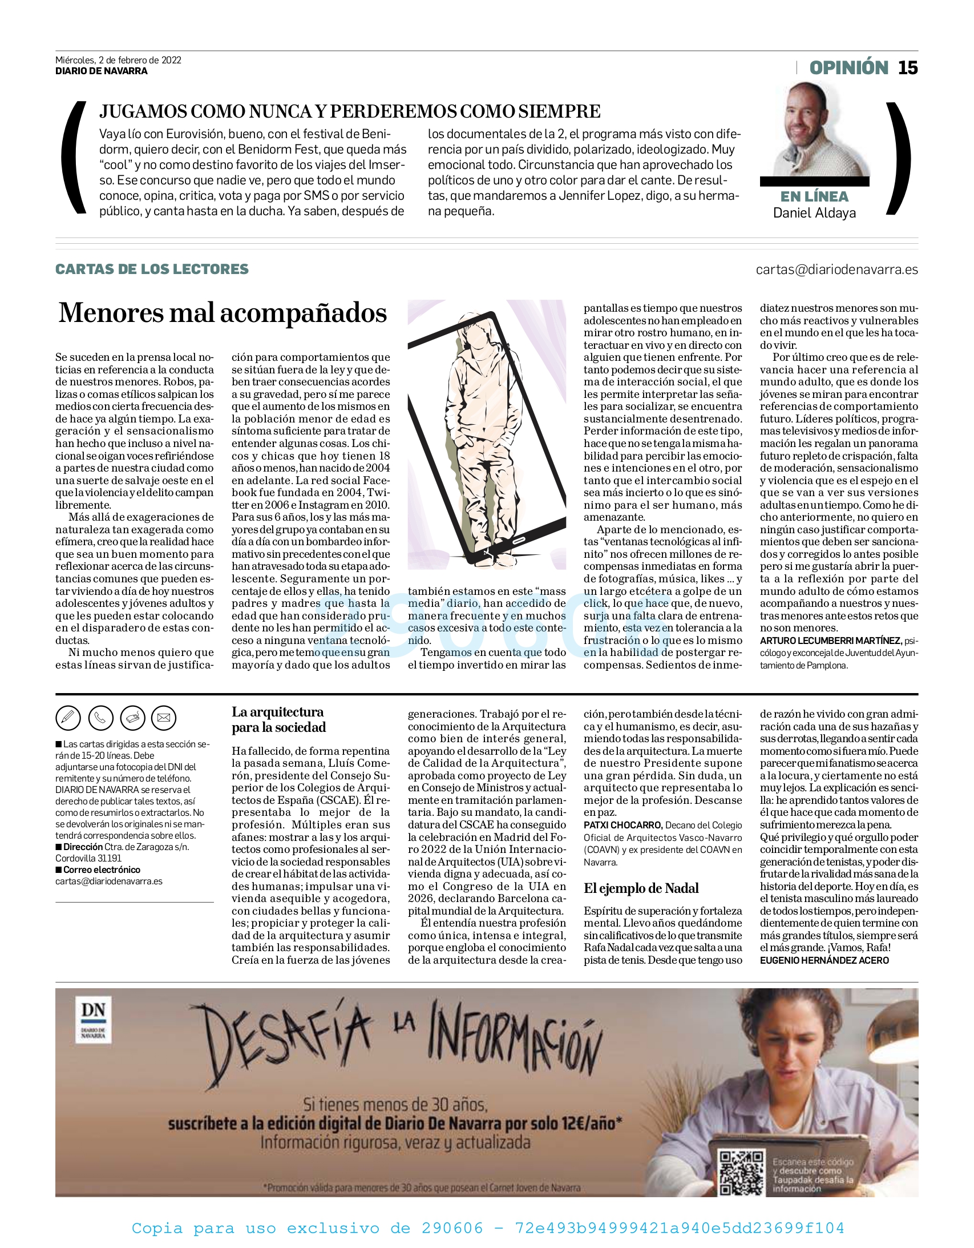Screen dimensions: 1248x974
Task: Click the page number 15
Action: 908,68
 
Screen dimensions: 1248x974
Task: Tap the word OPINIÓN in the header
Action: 848,68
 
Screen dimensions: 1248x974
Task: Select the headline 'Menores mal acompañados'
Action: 223,313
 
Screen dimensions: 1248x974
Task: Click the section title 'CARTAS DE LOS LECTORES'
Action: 152,269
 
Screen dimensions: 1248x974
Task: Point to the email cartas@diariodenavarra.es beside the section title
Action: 836,269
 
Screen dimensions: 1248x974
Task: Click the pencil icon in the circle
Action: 68,718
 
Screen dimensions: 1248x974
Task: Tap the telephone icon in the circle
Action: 100,718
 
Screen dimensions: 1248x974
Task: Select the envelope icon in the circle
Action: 164,718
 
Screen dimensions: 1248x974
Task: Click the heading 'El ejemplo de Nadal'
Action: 641,888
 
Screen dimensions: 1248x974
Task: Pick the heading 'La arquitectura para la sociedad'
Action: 278,719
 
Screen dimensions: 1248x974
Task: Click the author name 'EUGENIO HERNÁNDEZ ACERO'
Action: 824,961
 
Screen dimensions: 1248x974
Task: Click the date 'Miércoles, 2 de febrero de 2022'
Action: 118,60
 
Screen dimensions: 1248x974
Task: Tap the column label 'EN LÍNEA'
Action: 814,196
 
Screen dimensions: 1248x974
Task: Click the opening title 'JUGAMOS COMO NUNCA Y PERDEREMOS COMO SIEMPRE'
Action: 350,111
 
